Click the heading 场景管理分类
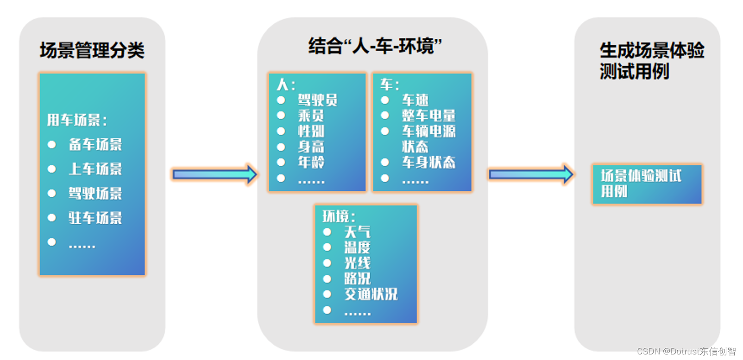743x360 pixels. tap(92, 50)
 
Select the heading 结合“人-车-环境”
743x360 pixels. tap(375, 46)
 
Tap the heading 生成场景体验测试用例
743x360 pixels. tap(651, 61)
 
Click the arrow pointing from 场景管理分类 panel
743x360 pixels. tap(214, 174)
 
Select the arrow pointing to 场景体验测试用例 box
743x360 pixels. tap(531, 174)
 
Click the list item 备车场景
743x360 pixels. tap(95, 145)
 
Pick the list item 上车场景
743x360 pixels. tap(95, 169)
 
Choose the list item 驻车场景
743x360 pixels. tap(95, 218)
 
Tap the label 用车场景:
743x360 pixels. tap(77, 120)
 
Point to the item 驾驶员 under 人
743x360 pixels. tap(317, 100)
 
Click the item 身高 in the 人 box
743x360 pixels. tap(311, 147)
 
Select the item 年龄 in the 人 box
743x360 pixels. tap(311, 162)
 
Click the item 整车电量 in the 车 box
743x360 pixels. tap(428, 115)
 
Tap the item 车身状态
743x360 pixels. tap(428, 162)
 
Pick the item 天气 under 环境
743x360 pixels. tap(357, 232)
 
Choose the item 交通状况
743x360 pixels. tap(371, 294)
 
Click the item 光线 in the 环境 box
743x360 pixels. tap(357, 263)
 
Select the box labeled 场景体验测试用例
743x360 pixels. tap(647, 184)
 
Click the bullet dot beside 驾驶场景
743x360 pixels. tap(52, 193)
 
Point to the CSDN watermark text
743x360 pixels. tap(686, 351)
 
